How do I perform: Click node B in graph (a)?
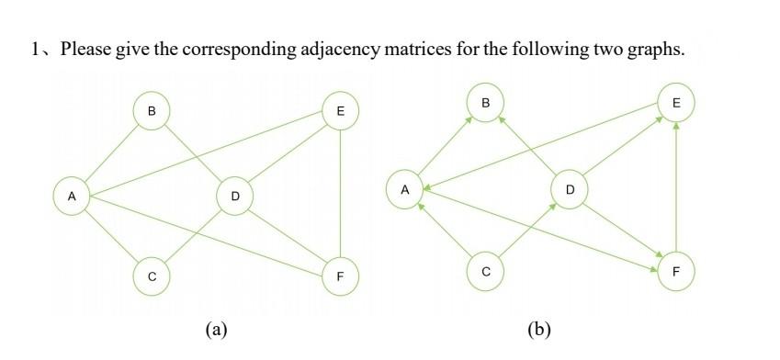(152, 111)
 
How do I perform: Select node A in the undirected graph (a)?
(70, 196)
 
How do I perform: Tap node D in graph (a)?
(235, 196)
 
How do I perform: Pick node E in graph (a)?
(341, 111)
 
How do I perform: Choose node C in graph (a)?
(152, 276)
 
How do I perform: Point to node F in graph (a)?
(341, 276)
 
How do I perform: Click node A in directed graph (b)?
(404, 190)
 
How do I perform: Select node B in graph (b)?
(485, 104)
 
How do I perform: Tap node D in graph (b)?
(570, 190)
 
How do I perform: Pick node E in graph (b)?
(676, 104)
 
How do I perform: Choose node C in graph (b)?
(485, 271)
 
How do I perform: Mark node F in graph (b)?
(676, 271)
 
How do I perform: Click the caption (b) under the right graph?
(539, 328)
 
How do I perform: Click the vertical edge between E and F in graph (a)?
(341, 193)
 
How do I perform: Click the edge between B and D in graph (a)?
(193, 153)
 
